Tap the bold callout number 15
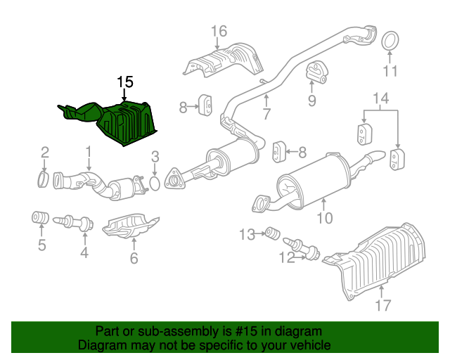(x=125, y=82)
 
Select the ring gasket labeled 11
(x=390, y=41)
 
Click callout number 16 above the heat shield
(x=219, y=31)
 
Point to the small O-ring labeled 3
(x=155, y=184)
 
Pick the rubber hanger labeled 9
(x=316, y=72)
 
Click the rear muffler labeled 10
(x=316, y=181)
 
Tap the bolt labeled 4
(x=73, y=222)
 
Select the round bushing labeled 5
(x=40, y=217)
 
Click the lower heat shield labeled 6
(x=131, y=226)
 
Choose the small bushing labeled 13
(x=272, y=233)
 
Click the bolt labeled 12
(x=302, y=248)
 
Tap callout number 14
(x=381, y=98)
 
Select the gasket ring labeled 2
(x=43, y=179)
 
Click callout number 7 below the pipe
(x=266, y=115)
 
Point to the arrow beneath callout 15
(x=124, y=94)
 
